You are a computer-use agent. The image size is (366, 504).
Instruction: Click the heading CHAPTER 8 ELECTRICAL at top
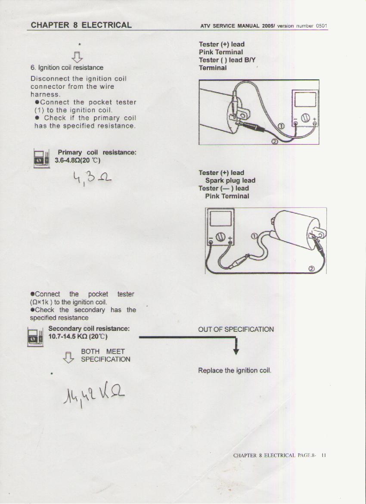[81, 25]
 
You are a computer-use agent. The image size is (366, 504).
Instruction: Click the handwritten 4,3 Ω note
[92, 178]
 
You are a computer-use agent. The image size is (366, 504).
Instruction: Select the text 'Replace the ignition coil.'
[235, 370]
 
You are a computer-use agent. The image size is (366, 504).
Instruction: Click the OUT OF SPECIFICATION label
[236, 329]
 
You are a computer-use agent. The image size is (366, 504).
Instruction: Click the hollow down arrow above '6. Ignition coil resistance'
[77, 57]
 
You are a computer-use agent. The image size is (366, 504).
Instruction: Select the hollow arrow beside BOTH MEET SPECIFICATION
[68, 357]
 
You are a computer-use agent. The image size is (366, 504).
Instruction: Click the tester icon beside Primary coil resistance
[41, 158]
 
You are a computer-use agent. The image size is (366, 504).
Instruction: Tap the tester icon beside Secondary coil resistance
[35, 337]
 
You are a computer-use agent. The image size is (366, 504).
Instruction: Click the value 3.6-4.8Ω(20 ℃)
[77, 160]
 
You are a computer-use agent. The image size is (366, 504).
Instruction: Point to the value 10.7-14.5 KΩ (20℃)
[78, 336]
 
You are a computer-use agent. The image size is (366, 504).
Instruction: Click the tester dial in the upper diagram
[305, 118]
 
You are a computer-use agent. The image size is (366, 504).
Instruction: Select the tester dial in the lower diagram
[220, 237]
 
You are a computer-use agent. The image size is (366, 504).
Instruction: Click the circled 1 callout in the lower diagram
[254, 236]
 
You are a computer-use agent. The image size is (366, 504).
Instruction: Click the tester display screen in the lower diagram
[220, 218]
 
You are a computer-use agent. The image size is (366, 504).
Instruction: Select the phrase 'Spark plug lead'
[230, 180]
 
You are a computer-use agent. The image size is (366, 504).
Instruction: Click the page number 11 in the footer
[323, 455]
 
